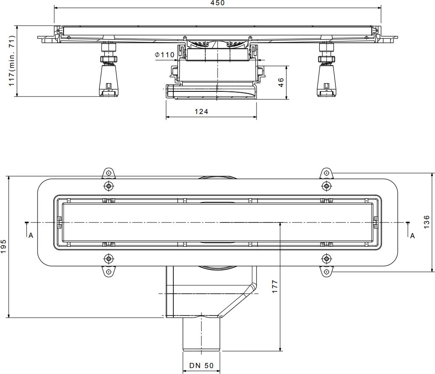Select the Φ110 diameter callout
(x=165, y=55)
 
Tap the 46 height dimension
(x=280, y=83)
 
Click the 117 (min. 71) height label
(x=12, y=60)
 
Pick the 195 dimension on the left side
(x=4, y=246)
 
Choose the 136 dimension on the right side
(x=426, y=222)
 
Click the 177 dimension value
(x=274, y=286)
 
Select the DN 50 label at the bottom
(x=201, y=365)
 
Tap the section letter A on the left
(x=31, y=235)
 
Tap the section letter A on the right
(x=412, y=235)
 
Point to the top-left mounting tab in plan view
(x=108, y=173)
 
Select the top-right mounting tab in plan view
(x=326, y=173)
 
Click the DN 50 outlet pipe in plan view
(x=201, y=335)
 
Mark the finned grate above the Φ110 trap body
(x=218, y=44)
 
